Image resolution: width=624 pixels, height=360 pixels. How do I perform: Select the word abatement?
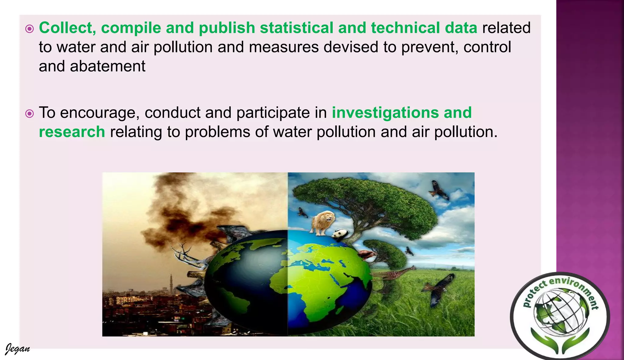107,66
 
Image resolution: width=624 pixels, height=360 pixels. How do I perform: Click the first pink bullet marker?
30,29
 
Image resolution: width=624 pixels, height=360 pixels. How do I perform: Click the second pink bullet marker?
30,114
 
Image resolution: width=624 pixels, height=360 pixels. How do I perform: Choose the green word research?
72,132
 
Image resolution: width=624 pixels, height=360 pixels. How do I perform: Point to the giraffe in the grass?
393,274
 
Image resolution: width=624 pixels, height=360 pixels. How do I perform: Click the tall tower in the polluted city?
172,283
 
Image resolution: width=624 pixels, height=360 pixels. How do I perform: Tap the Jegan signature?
18,349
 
